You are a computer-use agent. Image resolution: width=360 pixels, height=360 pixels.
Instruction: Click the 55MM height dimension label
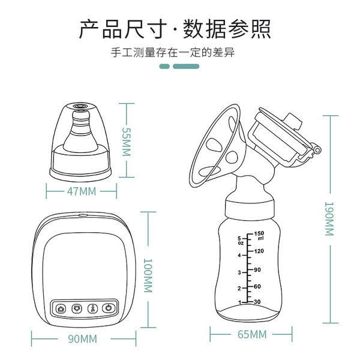point(126,142)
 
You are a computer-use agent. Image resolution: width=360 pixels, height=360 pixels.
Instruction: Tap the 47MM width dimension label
point(82,191)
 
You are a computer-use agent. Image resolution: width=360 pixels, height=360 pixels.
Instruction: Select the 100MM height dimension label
point(148,275)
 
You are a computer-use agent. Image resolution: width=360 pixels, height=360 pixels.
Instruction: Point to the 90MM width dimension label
point(82,339)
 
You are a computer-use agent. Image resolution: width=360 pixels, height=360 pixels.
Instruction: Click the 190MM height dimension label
point(329,219)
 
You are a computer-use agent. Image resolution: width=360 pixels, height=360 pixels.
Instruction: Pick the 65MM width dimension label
point(252,334)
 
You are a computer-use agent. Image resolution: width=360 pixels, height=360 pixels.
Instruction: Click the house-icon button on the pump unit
point(61,309)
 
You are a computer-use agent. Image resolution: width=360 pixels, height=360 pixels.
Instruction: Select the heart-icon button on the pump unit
point(77,308)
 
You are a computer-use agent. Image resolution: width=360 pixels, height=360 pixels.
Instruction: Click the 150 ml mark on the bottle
point(259,235)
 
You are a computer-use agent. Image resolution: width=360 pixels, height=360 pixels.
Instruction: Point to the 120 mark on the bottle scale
point(259,251)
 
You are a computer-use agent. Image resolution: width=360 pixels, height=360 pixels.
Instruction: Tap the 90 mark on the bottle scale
point(257,269)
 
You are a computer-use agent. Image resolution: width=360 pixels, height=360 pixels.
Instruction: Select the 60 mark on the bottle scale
point(257,286)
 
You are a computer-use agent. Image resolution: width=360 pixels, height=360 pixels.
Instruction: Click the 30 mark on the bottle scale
point(257,302)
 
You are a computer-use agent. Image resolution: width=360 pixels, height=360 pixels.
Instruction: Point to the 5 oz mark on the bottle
point(240,241)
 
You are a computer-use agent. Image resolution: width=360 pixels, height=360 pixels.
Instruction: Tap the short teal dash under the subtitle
point(164,67)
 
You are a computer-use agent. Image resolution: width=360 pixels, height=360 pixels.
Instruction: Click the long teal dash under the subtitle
point(186,67)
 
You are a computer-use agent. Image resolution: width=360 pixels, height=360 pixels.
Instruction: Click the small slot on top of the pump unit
point(83,215)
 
